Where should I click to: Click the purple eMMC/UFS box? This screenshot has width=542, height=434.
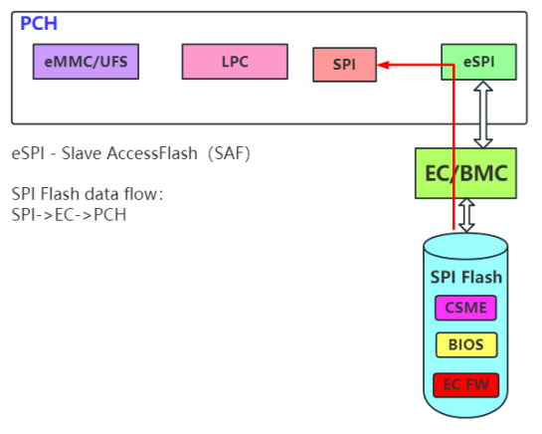click(86, 63)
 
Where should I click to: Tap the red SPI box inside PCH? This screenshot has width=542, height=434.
click(344, 66)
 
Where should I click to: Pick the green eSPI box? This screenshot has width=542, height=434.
click(478, 62)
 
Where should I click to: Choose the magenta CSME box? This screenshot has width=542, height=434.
click(464, 308)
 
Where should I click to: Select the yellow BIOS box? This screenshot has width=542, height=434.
click(464, 345)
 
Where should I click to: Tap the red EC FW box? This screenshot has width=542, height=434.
click(464, 383)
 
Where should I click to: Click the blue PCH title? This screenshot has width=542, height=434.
click(40, 23)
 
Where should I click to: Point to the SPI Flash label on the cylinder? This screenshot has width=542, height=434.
click(465, 277)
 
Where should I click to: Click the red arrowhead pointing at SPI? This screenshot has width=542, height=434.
click(385, 67)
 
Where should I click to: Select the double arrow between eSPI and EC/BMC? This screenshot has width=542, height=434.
click(483, 114)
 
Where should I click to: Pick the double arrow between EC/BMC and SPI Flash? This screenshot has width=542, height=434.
click(466, 214)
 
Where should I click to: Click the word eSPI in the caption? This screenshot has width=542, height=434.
click(29, 154)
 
